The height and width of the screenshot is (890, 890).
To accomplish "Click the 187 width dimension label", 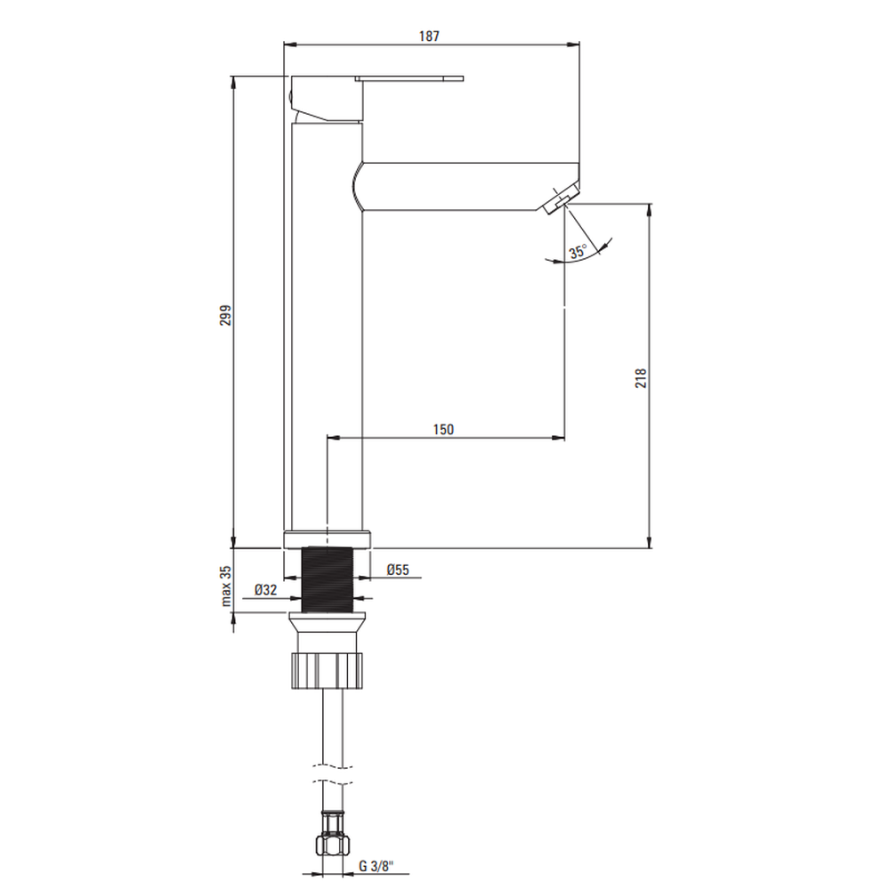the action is (x=429, y=36).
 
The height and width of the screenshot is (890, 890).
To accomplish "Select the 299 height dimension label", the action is (x=226, y=316).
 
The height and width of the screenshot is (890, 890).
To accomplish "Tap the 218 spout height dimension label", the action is (x=641, y=378).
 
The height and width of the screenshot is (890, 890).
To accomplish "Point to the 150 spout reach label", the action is (x=443, y=430).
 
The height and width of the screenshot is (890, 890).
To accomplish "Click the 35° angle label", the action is (x=578, y=252).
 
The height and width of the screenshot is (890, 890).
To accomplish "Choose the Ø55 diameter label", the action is (x=398, y=570).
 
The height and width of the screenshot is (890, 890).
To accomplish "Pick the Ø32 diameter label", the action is (x=265, y=590).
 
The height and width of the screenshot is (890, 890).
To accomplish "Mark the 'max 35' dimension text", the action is (x=226, y=587).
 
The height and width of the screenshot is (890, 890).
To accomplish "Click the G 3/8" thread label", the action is (x=376, y=866).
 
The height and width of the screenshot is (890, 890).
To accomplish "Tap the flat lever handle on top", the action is (x=409, y=79).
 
